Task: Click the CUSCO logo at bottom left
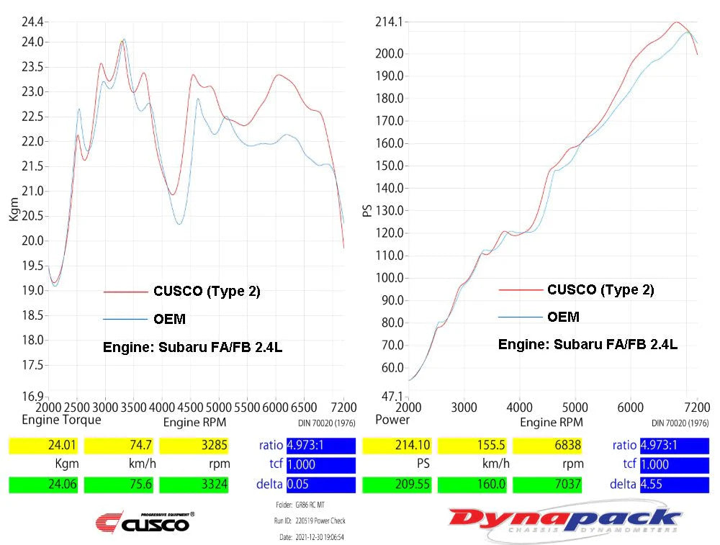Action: coord(145,522)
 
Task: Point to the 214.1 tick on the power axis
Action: coord(388,22)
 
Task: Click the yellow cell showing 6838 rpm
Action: coord(546,446)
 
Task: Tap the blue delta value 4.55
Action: coord(674,485)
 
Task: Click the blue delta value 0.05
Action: coord(320,485)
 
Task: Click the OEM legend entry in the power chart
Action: coord(562,317)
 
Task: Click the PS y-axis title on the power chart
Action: coord(368,210)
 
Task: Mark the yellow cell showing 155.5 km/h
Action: coord(472,446)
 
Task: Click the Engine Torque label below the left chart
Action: coord(61,419)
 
